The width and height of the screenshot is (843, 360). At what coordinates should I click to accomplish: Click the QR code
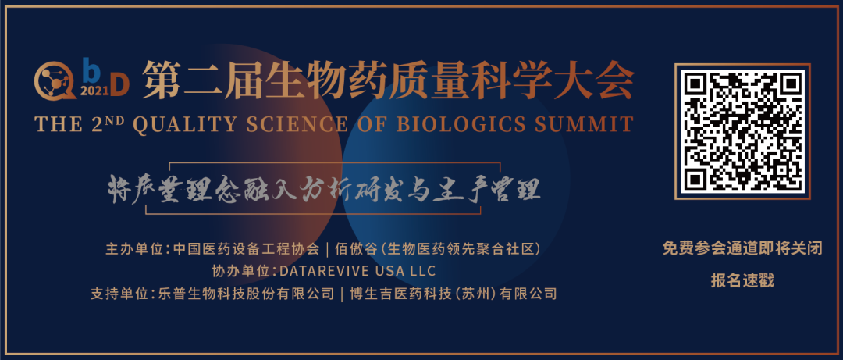[742, 131]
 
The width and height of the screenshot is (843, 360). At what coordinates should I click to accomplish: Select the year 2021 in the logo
[94, 91]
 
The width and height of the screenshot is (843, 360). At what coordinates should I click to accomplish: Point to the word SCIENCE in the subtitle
[295, 124]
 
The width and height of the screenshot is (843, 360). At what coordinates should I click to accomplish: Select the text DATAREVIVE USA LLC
[357, 271]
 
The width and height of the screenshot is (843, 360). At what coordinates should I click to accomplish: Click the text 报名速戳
[742, 280]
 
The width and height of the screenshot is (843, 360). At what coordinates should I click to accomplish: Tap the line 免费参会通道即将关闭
[742, 248]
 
